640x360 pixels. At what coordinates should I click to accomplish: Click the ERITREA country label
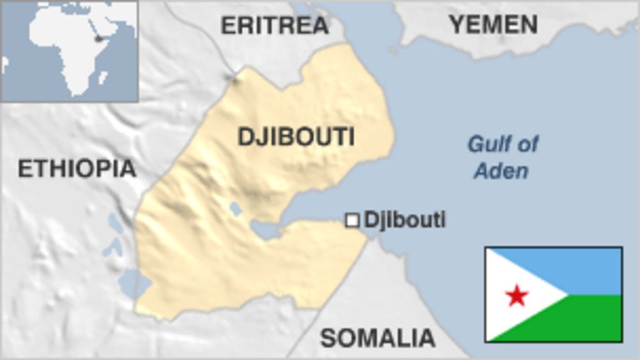point(274,26)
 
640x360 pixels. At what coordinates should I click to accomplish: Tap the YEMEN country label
point(493,24)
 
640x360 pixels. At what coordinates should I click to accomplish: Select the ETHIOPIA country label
point(77,168)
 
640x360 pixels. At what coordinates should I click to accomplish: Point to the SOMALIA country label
point(377,338)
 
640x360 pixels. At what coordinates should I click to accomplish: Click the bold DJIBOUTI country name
point(296,136)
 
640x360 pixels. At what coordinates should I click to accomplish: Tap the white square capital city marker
point(352,220)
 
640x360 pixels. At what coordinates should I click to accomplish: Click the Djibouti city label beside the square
point(405,220)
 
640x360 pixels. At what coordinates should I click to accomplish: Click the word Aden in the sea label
point(501,171)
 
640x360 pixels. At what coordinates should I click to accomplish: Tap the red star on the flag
point(517,295)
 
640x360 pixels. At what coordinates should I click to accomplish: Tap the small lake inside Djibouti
point(236,209)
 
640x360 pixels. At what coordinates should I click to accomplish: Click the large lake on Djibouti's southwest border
point(134,282)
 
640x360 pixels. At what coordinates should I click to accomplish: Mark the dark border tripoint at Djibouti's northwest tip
point(234,78)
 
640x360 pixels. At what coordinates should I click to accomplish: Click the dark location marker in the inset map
point(98,39)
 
